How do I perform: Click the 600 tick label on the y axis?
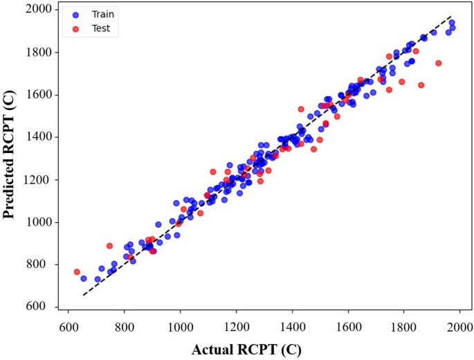(43, 307)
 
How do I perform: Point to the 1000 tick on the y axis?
(40, 222)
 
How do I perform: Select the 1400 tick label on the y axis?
(40, 137)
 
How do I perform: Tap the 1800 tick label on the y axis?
(40, 52)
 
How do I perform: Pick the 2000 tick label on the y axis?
(40, 10)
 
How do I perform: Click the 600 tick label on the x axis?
(69, 327)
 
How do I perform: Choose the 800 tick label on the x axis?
(125, 327)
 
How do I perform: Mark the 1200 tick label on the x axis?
(237, 327)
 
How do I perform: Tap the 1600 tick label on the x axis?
(349, 327)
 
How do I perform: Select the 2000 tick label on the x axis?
(460, 327)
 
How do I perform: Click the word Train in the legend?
(100, 13)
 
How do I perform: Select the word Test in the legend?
(98, 28)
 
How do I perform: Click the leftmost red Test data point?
(77, 272)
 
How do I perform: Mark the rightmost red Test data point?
(438, 63)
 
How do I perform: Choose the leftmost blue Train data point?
(84, 278)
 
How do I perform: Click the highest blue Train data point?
(452, 23)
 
